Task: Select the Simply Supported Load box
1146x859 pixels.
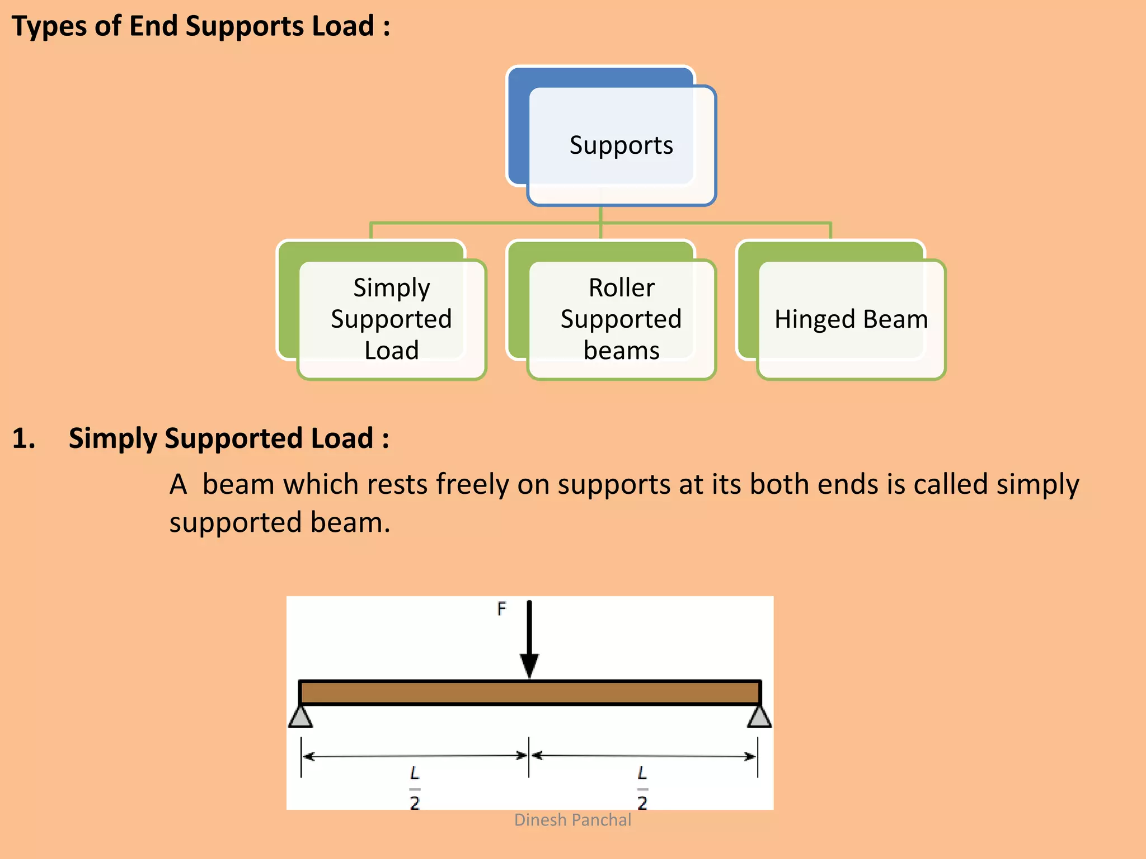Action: [391, 319]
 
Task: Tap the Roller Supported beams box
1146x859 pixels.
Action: [621, 319]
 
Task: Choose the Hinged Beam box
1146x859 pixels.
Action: [851, 319]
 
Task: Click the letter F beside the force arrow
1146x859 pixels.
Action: [501, 608]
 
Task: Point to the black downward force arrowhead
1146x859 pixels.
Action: [529, 665]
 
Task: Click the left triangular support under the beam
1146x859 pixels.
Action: [300, 717]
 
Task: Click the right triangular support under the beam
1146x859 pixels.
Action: [759, 717]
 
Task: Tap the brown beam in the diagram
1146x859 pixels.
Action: [529, 692]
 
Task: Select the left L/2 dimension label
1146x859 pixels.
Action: [415, 789]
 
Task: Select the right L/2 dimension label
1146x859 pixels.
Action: [642, 789]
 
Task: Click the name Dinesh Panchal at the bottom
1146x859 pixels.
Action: [572, 820]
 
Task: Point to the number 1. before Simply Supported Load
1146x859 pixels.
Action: [24, 438]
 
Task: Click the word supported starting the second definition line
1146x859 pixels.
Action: [236, 523]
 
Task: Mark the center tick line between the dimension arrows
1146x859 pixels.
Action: [529, 757]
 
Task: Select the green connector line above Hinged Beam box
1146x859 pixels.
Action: [830, 230]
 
